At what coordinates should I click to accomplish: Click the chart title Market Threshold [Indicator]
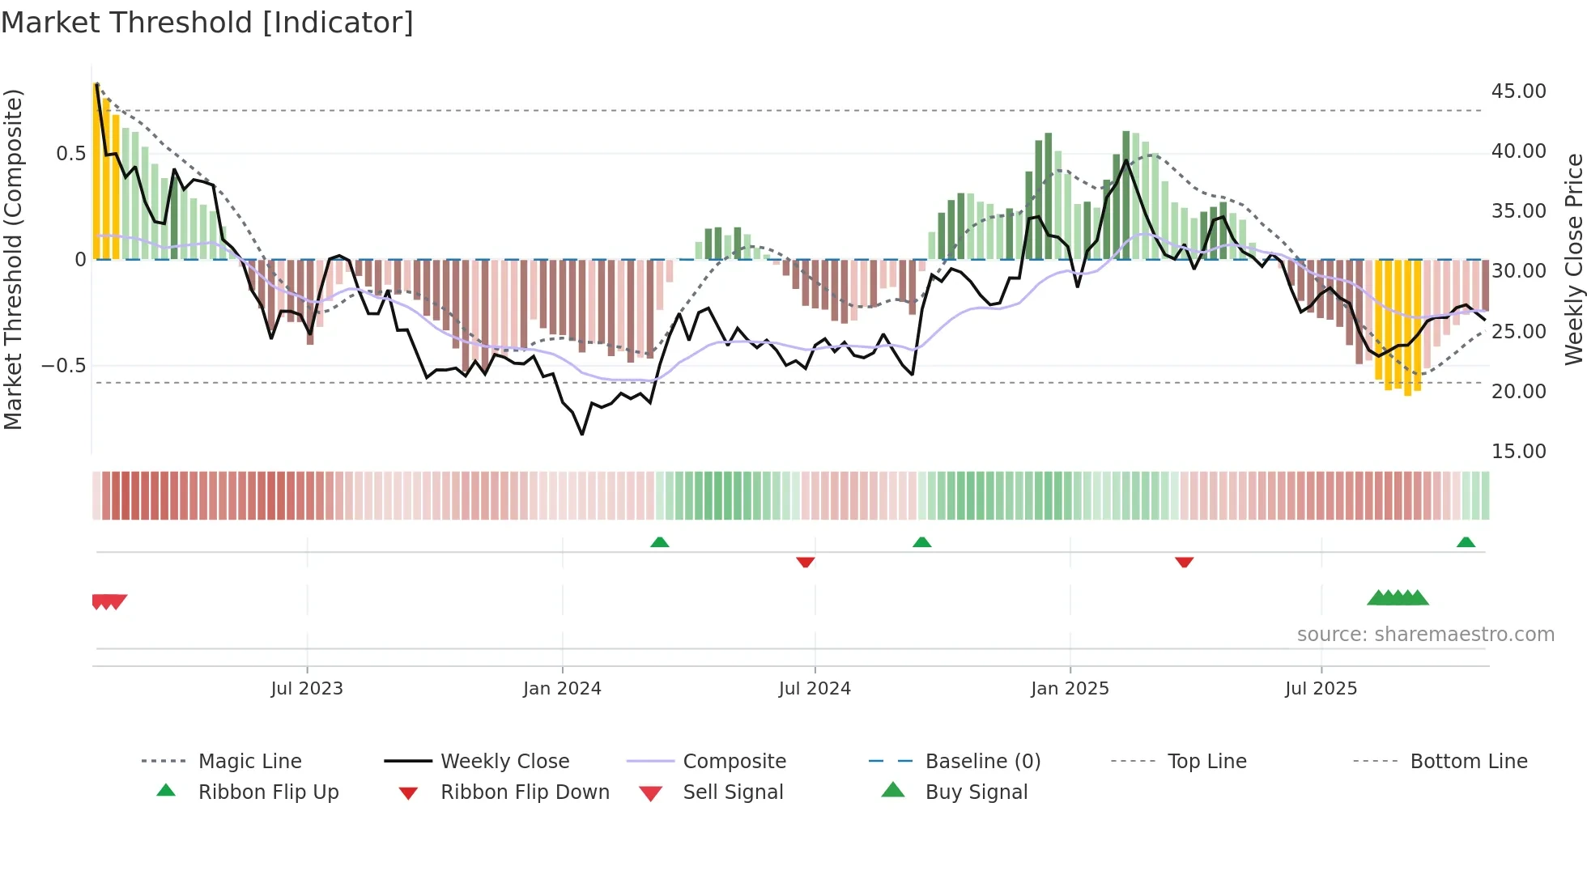click(x=207, y=23)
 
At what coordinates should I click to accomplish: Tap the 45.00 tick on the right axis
click(x=1518, y=91)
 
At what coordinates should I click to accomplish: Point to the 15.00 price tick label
click(x=1518, y=452)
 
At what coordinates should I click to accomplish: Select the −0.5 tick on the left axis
click(x=63, y=366)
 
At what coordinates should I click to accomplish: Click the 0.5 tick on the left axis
click(x=70, y=154)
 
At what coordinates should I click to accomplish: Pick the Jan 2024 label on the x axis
click(x=562, y=689)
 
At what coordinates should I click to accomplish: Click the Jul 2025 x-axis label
click(x=1321, y=689)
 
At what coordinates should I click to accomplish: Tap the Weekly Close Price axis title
click(x=1573, y=259)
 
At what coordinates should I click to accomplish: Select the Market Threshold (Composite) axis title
click(x=13, y=259)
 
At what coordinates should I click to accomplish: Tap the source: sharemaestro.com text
click(x=1425, y=635)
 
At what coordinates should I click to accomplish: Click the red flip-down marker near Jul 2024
click(x=805, y=562)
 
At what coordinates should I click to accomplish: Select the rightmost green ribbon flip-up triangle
click(x=1466, y=542)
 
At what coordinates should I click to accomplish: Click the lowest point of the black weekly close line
click(x=582, y=434)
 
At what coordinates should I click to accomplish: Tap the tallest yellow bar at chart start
click(x=96, y=170)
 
